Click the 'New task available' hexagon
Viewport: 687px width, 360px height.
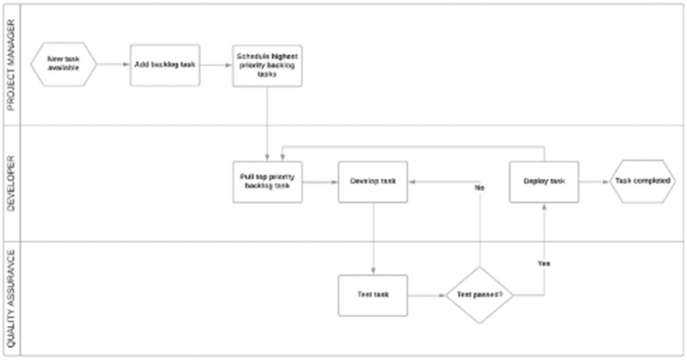[x=63, y=65]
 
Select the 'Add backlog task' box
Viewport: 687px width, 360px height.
[x=164, y=65]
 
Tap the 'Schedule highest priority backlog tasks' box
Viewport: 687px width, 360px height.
[x=267, y=66]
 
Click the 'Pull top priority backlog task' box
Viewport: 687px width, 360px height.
[x=267, y=181]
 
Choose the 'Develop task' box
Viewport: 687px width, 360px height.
[x=373, y=181]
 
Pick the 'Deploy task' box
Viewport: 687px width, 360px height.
[x=544, y=181]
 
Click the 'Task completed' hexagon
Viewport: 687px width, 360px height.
[x=642, y=181]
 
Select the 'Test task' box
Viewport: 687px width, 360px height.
[x=373, y=295]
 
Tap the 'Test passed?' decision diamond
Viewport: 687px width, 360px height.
[x=480, y=295]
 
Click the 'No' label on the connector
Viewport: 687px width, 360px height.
[x=480, y=188]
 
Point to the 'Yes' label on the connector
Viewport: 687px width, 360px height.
[x=544, y=263]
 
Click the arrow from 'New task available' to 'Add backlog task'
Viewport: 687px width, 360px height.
[x=113, y=65]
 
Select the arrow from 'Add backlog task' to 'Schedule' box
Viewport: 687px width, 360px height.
[x=216, y=65]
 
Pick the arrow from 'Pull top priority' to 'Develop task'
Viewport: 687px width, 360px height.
[x=320, y=182]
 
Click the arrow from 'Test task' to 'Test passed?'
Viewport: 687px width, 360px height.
[x=426, y=295]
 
